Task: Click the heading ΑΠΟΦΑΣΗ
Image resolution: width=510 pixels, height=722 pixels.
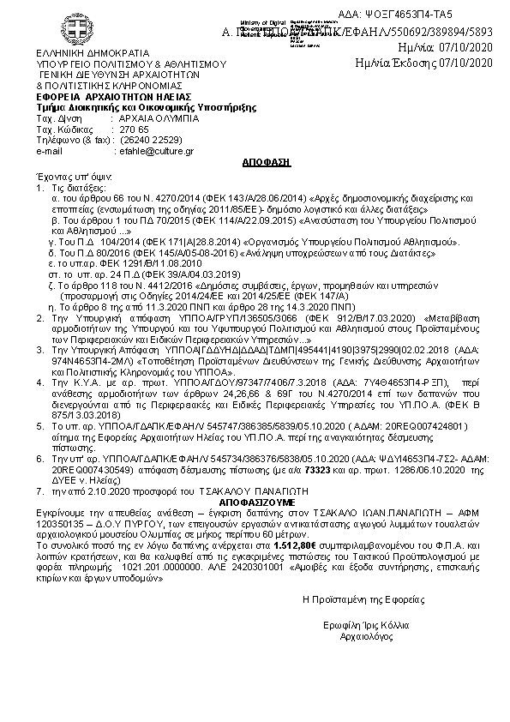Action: point(253,161)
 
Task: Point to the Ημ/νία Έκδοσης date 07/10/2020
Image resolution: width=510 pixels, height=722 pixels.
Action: point(463,63)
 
